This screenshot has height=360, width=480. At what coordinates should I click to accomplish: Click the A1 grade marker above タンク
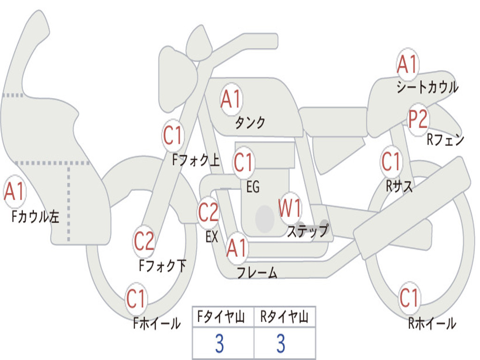231,99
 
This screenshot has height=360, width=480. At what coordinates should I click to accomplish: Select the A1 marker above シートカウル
407,65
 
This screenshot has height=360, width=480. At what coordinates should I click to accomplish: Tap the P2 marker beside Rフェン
418,120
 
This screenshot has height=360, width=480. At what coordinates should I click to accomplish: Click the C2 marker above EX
208,213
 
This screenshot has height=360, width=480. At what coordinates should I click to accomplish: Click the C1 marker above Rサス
391,162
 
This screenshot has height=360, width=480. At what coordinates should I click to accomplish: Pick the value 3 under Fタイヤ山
219,344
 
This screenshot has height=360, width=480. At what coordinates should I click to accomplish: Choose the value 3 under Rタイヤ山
281,344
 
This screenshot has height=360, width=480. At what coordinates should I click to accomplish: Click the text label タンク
250,123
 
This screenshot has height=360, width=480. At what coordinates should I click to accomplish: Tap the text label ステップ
307,231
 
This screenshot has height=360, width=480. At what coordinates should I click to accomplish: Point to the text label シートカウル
427,87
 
